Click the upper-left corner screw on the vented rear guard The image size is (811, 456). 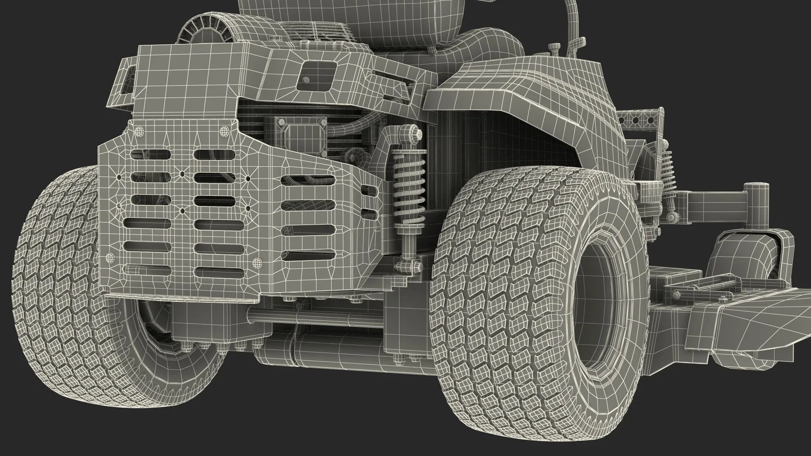point(139,132)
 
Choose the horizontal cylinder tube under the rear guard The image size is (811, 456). point(313,315)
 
